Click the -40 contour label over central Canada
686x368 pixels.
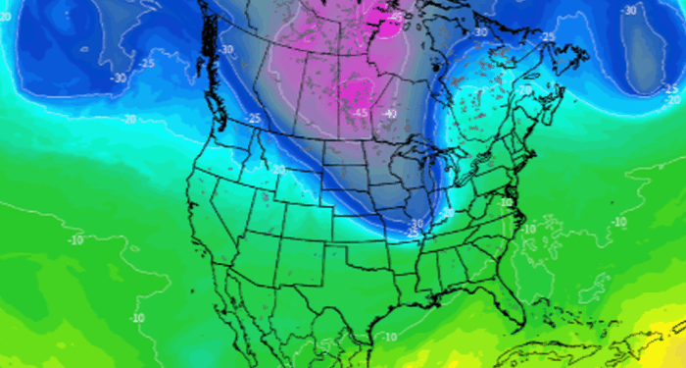tap(391, 115)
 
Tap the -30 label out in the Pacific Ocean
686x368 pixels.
tap(119, 78)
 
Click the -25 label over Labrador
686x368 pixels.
tap(548, 37)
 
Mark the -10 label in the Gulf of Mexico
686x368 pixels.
tap(390, 337)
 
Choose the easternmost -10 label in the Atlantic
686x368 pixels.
tap(618, 223)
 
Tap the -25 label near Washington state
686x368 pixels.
tap(254, 119)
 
